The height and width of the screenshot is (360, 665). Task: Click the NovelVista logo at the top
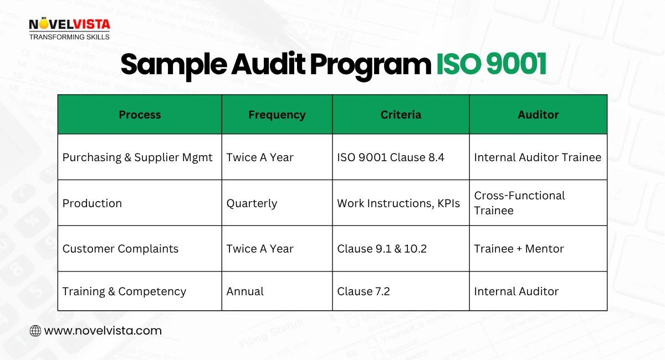(69, 29)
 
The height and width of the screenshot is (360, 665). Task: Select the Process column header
(140, 115)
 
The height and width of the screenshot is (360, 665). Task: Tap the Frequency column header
(277, 115)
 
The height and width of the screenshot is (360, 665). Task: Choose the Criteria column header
(401, 115)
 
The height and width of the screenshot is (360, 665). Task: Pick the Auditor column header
(538, 115)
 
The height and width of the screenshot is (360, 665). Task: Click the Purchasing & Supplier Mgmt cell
(137, 157)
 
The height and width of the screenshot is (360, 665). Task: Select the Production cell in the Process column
(92, 203)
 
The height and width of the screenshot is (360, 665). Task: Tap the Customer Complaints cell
(120, 249)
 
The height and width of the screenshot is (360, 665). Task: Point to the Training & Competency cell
(124, 291)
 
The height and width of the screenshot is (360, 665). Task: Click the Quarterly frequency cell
(252, 203)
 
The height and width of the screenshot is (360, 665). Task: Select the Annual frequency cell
(245, 291)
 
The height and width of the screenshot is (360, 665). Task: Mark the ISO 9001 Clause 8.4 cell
(391, 157)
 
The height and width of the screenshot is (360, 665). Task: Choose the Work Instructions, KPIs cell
(398, 203)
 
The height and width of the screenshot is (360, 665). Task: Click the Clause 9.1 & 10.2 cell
(382, 249)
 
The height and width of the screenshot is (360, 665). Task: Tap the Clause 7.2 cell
(364, 291)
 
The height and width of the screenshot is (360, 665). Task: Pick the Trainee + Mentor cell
(519, 249)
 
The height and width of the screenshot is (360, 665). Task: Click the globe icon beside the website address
(35, 331)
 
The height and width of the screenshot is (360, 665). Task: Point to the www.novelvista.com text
(103, 331)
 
